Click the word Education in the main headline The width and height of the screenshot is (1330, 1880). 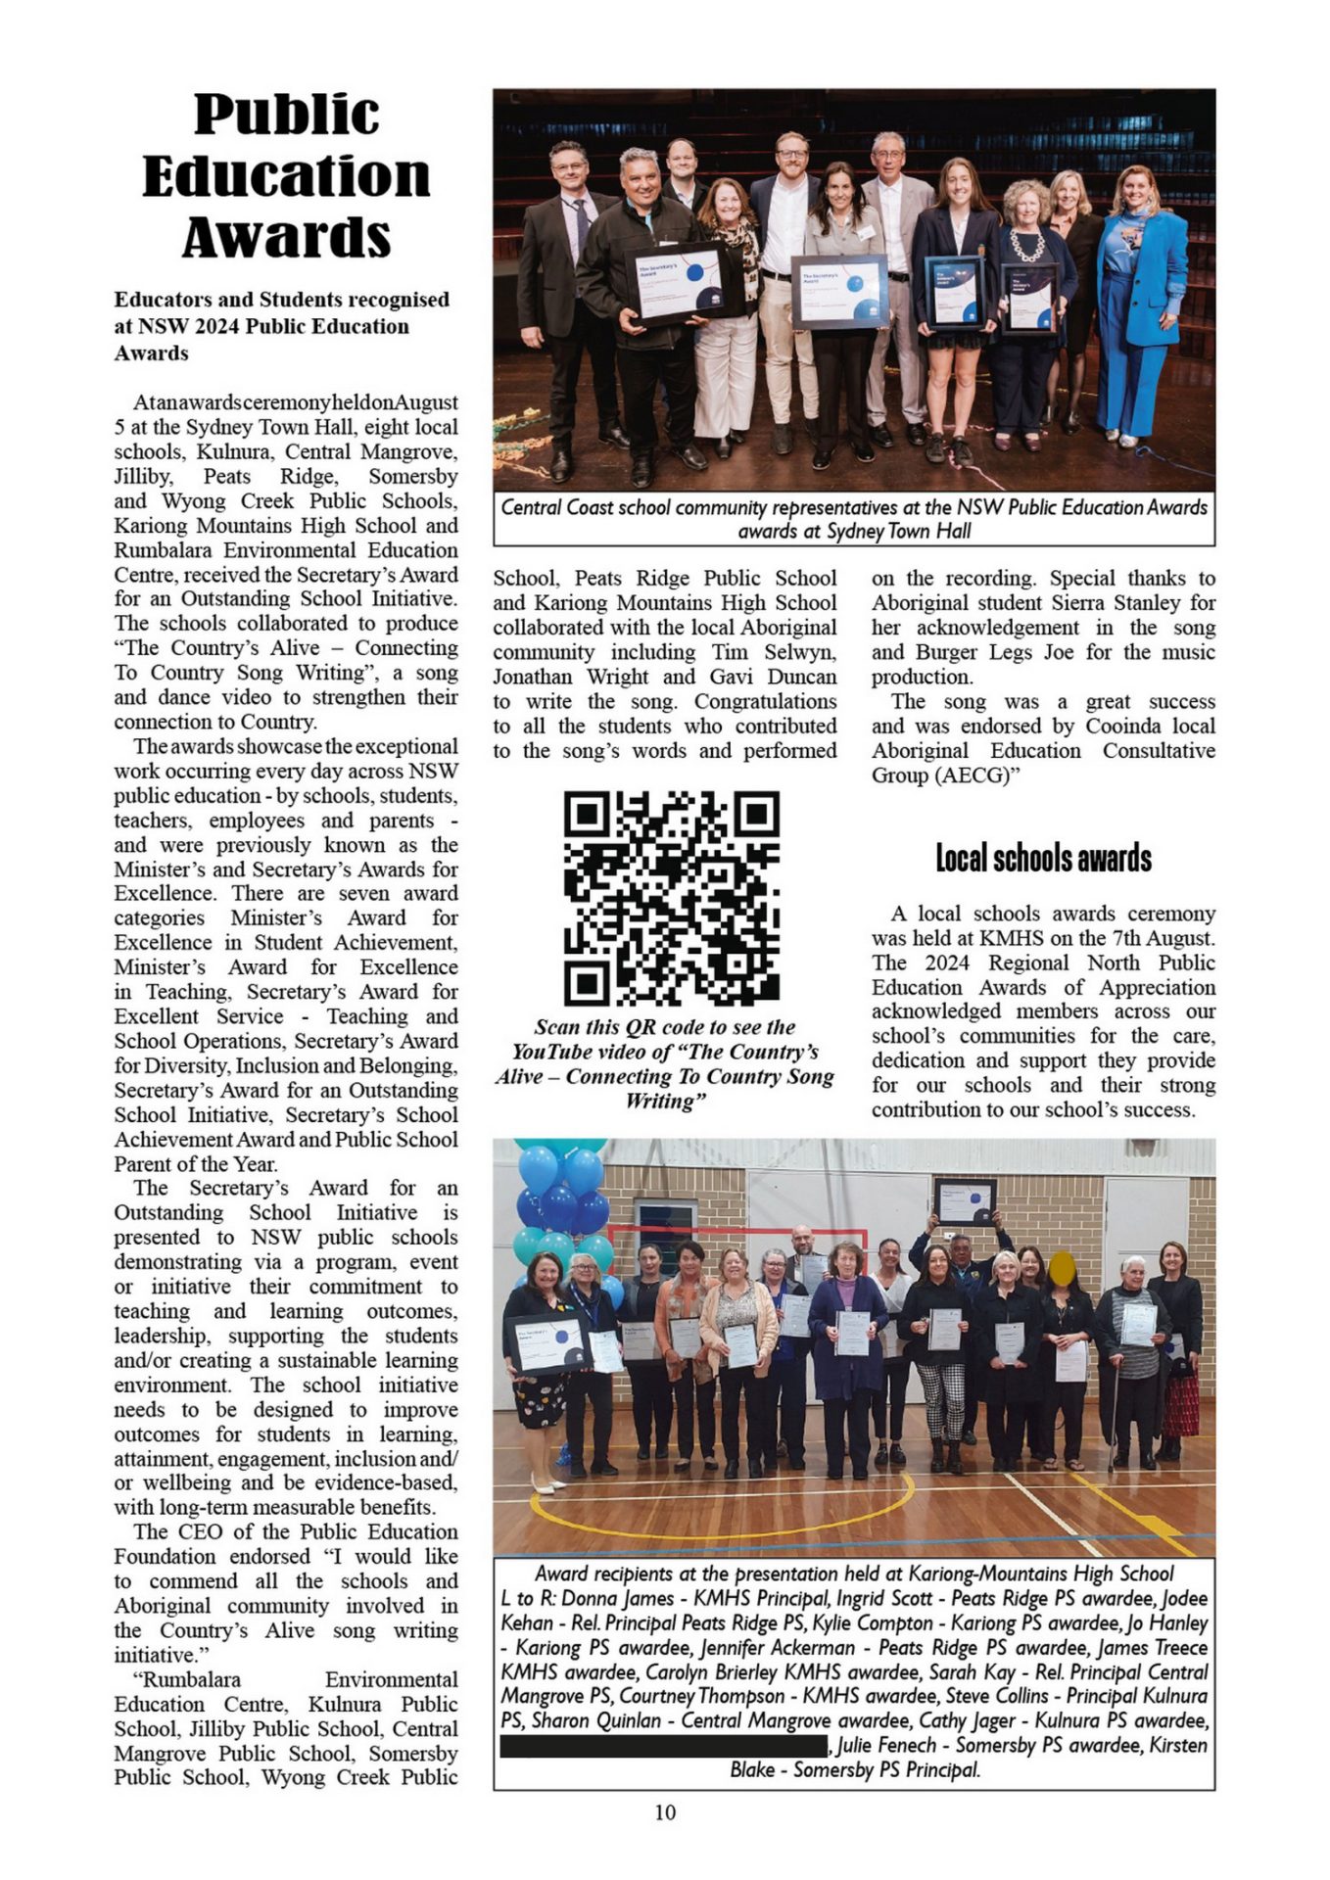[x=286, y=176]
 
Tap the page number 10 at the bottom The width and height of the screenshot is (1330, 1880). [x=665, y=1811]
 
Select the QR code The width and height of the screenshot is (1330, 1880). [x=671, y=898]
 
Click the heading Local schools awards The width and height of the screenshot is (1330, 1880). [x=1043, y=859]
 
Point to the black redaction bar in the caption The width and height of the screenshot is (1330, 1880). [x=663, y=1745]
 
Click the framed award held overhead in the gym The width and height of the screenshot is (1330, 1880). [x=965, y=1201]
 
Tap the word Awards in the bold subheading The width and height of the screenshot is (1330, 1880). [x=151, y=353]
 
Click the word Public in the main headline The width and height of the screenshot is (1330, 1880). [x=286, y=115]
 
